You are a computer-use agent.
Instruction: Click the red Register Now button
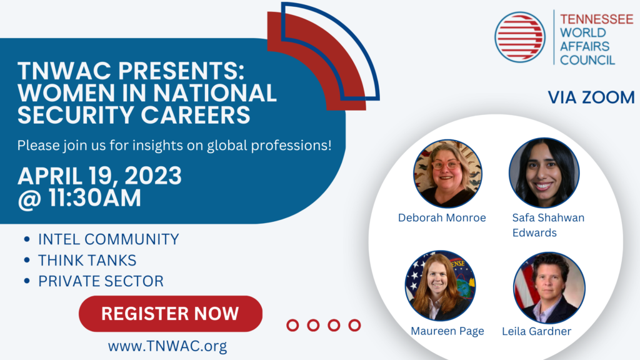point(171,314)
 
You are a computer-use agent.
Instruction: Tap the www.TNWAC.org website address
point(167,346)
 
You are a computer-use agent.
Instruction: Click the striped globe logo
point(520,37)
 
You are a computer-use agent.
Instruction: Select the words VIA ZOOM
point(591,97)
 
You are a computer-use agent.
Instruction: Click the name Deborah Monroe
point(442,217)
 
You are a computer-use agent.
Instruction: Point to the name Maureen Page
point(447,331)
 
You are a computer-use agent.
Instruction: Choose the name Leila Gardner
point(536,331)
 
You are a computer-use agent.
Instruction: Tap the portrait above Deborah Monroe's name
point(447,174)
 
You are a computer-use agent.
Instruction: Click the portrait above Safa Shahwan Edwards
point(544,172)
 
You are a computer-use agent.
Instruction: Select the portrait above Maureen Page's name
point(441,285)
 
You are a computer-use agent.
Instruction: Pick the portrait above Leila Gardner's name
point(549,287)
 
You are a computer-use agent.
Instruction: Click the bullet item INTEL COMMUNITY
point(109,239)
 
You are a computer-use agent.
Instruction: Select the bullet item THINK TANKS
point(87,261)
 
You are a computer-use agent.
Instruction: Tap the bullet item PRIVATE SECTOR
point(101,281)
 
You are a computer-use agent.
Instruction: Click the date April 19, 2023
point(99,176)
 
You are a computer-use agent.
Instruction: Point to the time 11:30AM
point(95,198)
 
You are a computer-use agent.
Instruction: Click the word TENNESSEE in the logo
point(596,19)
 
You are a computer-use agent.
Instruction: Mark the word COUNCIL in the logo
point(587,61)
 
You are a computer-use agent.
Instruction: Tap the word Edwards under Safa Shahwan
point(534,232)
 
